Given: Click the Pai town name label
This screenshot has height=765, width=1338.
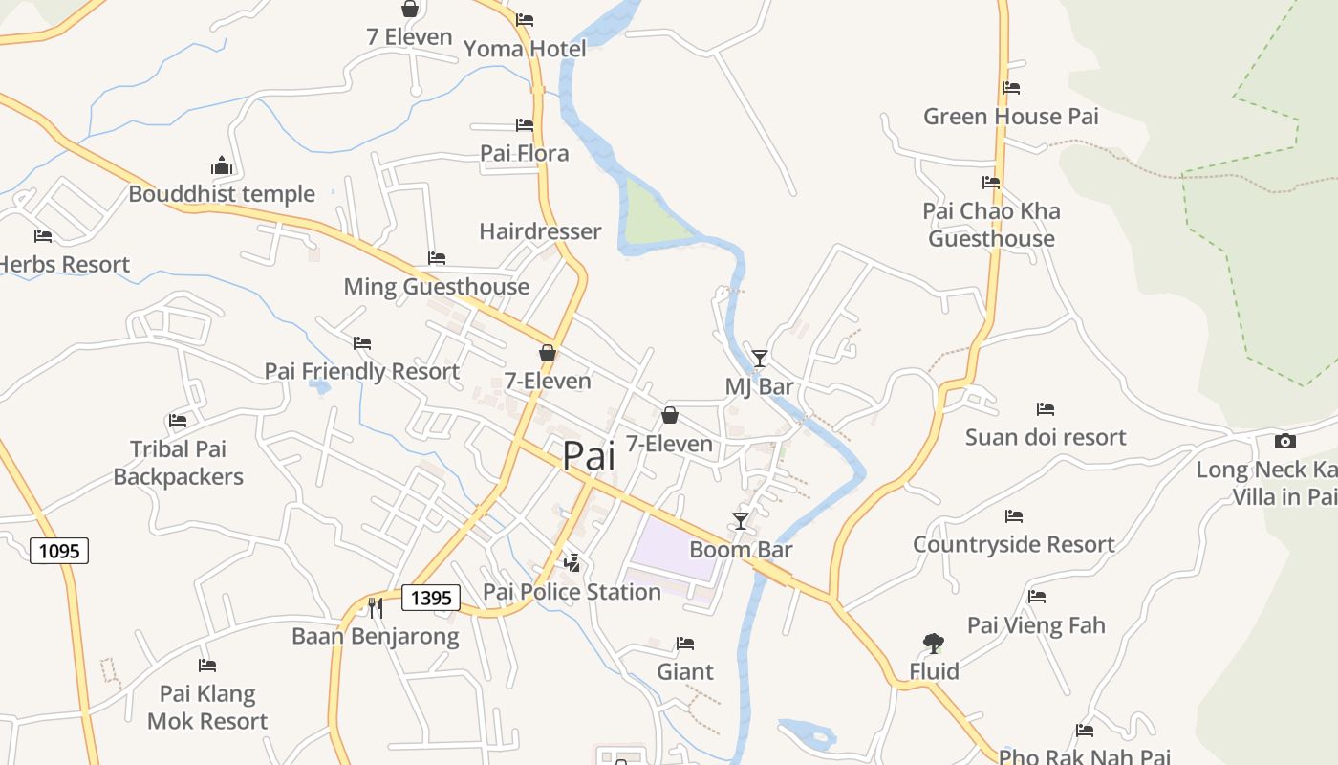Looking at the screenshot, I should pyautogui.click(x=589, y=455).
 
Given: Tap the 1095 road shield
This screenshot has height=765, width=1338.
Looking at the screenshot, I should pyautogui.click(x=59, y=551).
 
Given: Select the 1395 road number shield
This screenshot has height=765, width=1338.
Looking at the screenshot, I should pyautogui.click(x=431, y=599).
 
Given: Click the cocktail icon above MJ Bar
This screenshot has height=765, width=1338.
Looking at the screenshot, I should pyautogui.click(x=760, y=359).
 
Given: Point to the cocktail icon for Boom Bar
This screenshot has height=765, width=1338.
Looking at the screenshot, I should pyautogui.click(x=741, y=521).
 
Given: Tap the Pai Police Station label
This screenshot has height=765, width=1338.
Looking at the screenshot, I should pyautogui.click(x=572, y=592).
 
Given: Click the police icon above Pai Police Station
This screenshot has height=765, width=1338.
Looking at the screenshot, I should pyautogui.click(x=572, y=562).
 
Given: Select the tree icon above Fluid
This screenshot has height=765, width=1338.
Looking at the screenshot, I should pyautogui.click(x=934, y=644).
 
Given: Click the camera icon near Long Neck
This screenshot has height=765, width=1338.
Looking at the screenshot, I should pyautogui.click(x=1285, y=441).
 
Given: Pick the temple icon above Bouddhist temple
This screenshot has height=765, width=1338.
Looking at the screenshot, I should pyautogui.click(x=222, y=165).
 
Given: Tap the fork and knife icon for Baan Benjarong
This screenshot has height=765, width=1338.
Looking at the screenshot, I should pyautogui.click(x=376, y=607).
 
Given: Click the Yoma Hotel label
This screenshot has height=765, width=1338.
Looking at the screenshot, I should pyautogui.click(x=525, y=49).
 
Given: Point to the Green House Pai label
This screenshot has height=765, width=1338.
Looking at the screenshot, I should pyautogui.click(x=1010, y=117).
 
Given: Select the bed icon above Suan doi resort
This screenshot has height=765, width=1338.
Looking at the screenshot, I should pyautogui.click(x=1046, y=409).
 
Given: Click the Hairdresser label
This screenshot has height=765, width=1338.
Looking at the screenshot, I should pyautogui.click(x=540, y=231).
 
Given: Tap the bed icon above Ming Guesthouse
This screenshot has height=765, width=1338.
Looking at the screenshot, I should pyautogui.click(x=437, y=258).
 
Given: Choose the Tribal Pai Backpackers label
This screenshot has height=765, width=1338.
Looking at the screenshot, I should pyautogui.click(x=178, y=463).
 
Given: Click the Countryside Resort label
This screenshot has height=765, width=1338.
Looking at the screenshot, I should pyautogui.click(x=1013, y=544).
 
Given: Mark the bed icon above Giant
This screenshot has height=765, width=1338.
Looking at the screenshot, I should pyautogui.click(x=685, y=644).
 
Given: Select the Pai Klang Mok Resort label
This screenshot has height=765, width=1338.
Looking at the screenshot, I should pyautogui.click(x=207, y=708).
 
